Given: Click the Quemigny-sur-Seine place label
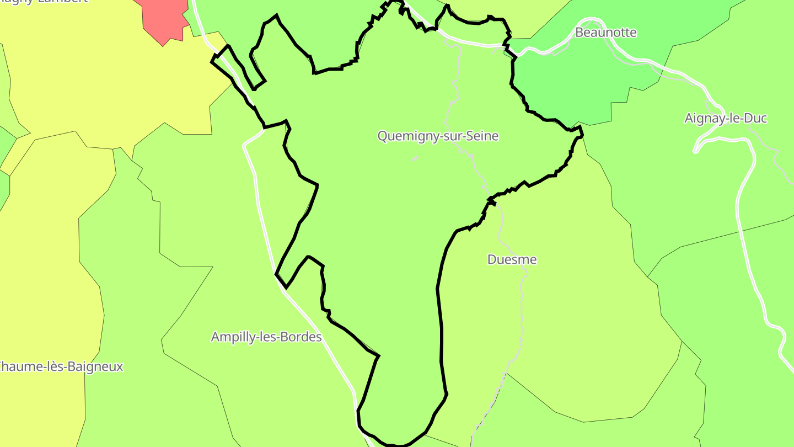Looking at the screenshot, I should click(x=438, y=136).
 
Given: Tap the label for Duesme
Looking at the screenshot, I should click(x=512, y=259).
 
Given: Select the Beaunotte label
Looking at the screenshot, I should click(x=605, y=33).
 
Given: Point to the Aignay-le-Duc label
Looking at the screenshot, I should click(x=726, y=118).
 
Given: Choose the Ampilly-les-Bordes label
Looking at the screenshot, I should click(x=266, y=337).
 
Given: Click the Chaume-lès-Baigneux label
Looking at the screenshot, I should click(x=61, y=366).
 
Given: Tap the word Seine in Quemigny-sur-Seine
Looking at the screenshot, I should click(x=482, y=136).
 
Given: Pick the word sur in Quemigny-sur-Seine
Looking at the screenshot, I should click(x=453, y=136).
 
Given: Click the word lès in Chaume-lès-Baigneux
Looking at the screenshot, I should click(x=55, y=366).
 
